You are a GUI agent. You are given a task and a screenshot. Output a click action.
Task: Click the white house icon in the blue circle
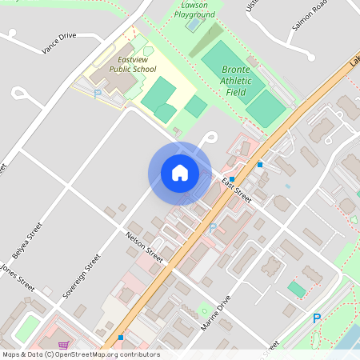(x=179, y=172)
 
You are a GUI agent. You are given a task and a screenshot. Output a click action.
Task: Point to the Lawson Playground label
(x=194, y=10)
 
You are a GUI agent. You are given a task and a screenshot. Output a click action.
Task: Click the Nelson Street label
(x=145, y=247)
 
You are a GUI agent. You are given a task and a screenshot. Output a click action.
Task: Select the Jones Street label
(x=17, y=275)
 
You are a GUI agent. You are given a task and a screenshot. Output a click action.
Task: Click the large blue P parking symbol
(x=317, y=318)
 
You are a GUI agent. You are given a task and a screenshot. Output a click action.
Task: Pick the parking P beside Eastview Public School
(x=98, y=94)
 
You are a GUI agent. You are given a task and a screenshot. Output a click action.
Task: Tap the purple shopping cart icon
(x=63, y=345)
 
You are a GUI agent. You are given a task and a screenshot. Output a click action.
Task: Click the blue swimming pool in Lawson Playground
(x=194, y=24)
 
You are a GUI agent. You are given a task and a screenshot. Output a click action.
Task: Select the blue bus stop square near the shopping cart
(x=121, y=338)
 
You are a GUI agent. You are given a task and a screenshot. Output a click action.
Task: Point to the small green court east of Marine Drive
(x=297, y=289)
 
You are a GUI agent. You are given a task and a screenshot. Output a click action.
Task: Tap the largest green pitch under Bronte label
(x=226, y=61)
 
